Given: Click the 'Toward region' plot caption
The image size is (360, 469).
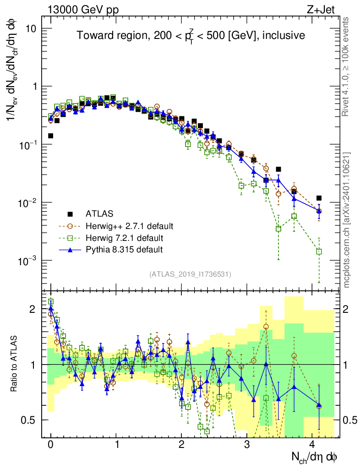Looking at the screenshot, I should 191,36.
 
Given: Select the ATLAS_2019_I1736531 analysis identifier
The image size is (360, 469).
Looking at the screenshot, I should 190,274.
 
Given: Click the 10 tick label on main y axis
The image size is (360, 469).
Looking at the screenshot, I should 31,28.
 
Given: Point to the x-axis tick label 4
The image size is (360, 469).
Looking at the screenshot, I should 312,444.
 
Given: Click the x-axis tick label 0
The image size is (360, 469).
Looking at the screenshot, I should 50,444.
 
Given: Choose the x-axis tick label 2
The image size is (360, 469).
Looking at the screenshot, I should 181,444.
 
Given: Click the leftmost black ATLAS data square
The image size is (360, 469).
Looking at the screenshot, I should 51,136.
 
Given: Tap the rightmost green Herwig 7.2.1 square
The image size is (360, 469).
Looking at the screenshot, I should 319,251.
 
